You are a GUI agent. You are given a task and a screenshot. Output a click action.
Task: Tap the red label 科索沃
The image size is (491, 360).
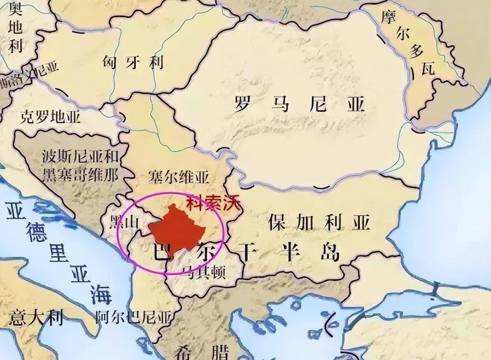tap(213, 202)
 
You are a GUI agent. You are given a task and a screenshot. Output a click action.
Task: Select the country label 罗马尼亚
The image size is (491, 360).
tap(299, 104)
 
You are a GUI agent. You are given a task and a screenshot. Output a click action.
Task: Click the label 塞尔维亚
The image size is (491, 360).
tap(179, 178)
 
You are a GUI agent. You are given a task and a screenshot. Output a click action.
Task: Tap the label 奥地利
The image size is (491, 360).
tap(16, 27)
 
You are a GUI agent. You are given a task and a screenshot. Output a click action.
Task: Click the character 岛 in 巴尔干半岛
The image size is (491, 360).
tap(329, 252)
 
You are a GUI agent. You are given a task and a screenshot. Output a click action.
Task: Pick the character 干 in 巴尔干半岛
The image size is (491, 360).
tap(244, 252)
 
